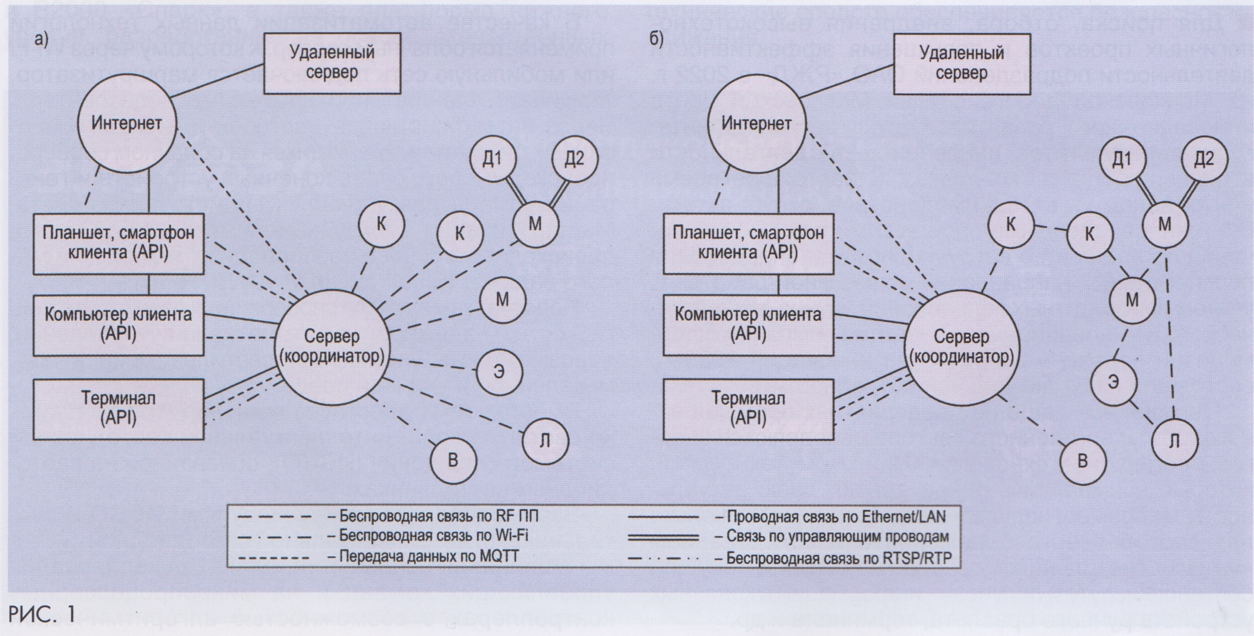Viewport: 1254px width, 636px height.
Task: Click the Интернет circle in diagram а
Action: click(x=127, y=124)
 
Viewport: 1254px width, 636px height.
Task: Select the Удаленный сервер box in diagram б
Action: click(x=961, y=63)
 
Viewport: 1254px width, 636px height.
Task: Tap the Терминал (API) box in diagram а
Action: click(x=118, y=409)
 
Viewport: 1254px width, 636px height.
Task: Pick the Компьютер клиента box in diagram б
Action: click(x=748, y=324)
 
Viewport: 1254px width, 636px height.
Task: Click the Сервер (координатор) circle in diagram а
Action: click(x=332, y=346)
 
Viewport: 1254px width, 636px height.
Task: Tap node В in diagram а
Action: click(x=453, y=460)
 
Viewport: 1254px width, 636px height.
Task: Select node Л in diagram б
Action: click(x=1174, y=442)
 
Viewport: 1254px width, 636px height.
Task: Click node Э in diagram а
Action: click(x=499, y=372)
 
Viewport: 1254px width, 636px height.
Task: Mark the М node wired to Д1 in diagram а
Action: click(x=535, y=224)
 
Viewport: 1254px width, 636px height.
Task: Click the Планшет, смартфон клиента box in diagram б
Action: click(x=748, y=244)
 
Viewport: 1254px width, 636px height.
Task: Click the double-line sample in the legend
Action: click(x=664, y=537)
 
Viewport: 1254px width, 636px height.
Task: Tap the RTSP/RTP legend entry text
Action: click(x=835, y=557)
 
